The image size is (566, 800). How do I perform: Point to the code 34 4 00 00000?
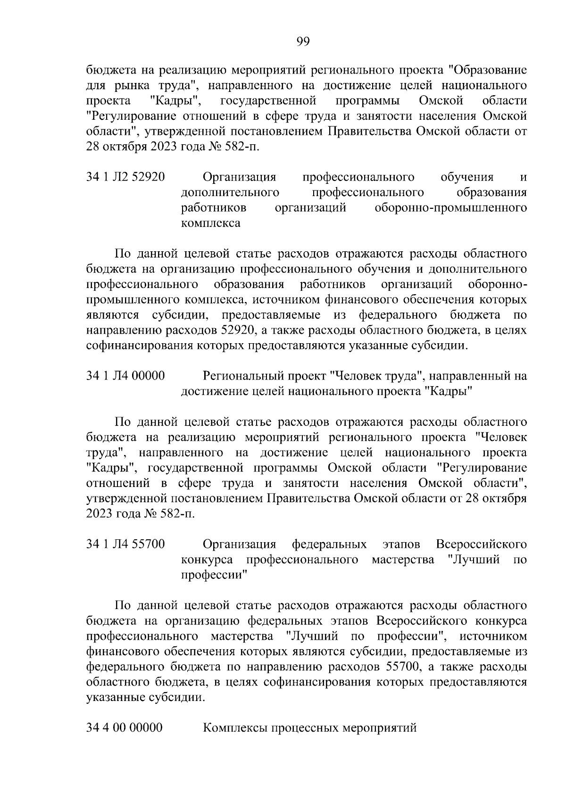125,727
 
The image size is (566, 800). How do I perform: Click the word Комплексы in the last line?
233,728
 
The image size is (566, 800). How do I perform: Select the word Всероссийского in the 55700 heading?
481,544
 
